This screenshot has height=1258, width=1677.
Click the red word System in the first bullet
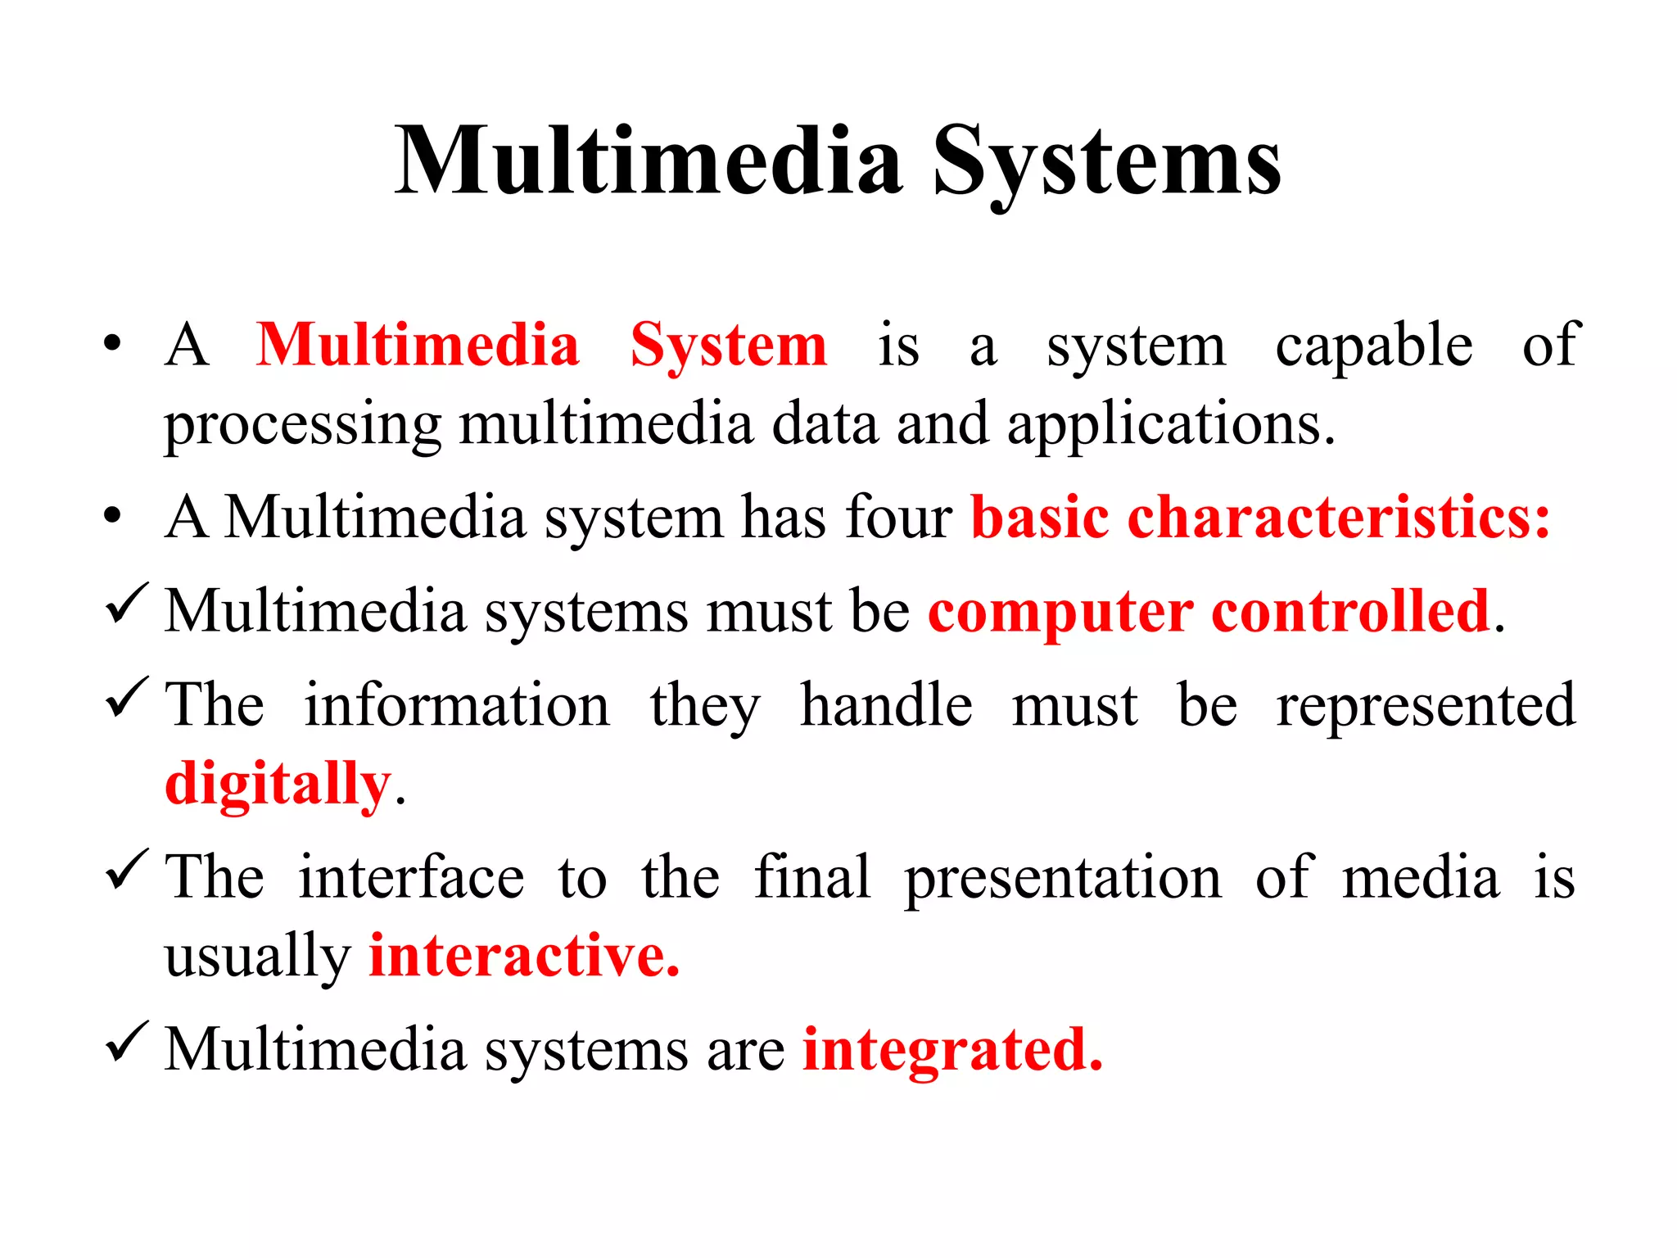729,346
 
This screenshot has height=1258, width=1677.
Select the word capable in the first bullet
1374,346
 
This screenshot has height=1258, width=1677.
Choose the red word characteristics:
1339,518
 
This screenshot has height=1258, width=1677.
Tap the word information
457,704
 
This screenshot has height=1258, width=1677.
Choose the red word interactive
524,955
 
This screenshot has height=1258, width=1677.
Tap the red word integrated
952,1050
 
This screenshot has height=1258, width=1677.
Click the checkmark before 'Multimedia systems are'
127,1042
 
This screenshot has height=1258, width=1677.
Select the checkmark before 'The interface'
127,870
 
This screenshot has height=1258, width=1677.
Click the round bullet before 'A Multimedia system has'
113,516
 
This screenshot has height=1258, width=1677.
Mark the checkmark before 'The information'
127,698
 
